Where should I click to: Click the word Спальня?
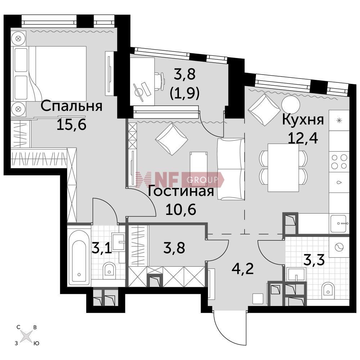click(x=71, y=106)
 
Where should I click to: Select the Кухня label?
click(x=303, y=120)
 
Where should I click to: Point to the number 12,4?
click(x=303, y=138)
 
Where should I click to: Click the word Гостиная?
click(x=181, y=191)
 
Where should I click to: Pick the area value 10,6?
click(x=181, y=209)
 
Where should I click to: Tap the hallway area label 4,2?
click(x=243, y=269)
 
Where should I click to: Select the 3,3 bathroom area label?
click(x=314, y=260)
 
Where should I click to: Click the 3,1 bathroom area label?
click(x=102, y=248)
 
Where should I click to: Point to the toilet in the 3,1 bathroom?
click(x=109, y=269)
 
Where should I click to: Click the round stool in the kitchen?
click(x=291, y=104)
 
